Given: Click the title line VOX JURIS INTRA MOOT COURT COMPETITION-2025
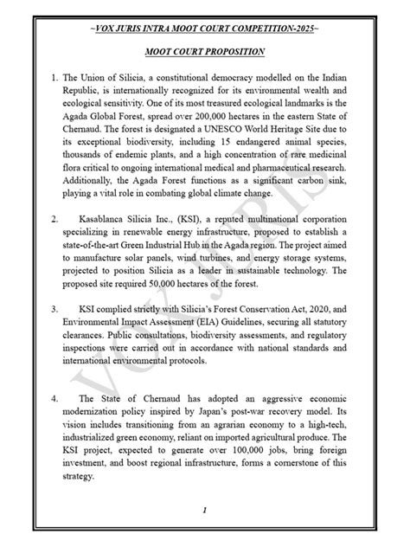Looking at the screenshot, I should coord(205,29).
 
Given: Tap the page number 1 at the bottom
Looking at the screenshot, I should coord(205,512).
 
